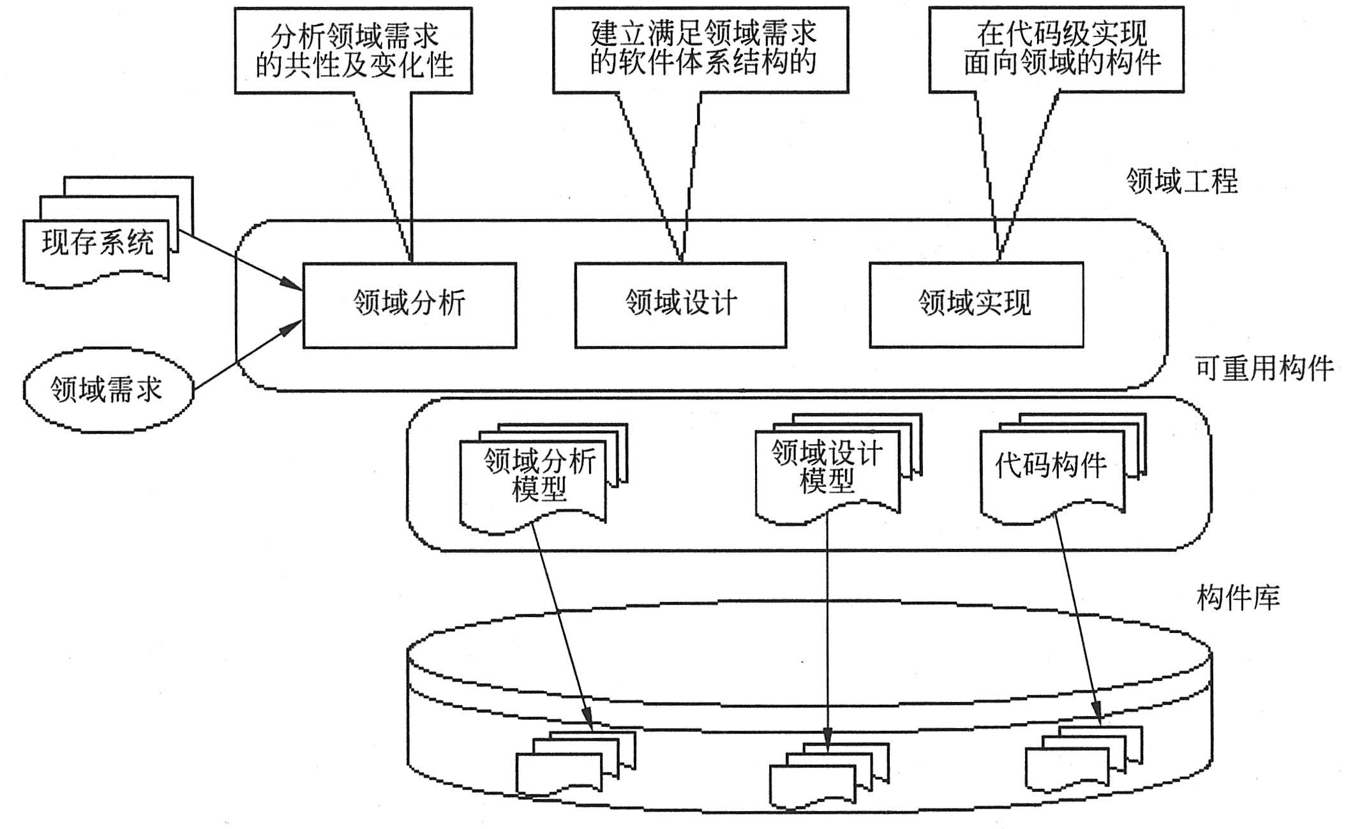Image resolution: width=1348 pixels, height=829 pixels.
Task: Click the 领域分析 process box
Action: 409,304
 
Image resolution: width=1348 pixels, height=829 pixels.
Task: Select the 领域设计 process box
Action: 680,304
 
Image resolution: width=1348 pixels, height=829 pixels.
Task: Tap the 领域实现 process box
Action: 976,304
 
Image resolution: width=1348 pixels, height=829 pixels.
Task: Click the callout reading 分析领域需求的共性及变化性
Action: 353,51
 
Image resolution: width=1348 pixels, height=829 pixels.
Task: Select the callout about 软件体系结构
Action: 700,50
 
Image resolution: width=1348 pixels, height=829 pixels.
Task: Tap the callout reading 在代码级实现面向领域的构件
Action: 1056,50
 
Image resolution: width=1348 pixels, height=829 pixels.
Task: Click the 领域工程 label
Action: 1181,182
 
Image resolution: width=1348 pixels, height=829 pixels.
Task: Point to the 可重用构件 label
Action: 1264,369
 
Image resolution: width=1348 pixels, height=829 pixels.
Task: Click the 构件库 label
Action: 1238,599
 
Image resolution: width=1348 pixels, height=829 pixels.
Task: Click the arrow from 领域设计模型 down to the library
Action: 828,625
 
